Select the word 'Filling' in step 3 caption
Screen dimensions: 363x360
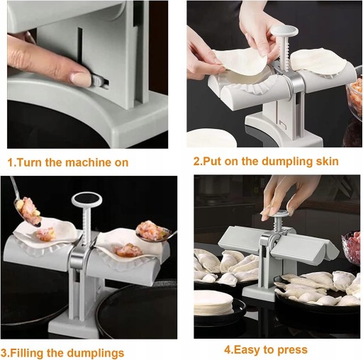pos(27,353)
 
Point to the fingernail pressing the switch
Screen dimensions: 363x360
pos(79,78)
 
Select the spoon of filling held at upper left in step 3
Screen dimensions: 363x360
pos(26,208)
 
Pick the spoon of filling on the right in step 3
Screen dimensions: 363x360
pos(155,232)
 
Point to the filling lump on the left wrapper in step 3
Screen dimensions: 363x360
pos(45,233)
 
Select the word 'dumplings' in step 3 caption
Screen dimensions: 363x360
pos(95,353)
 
